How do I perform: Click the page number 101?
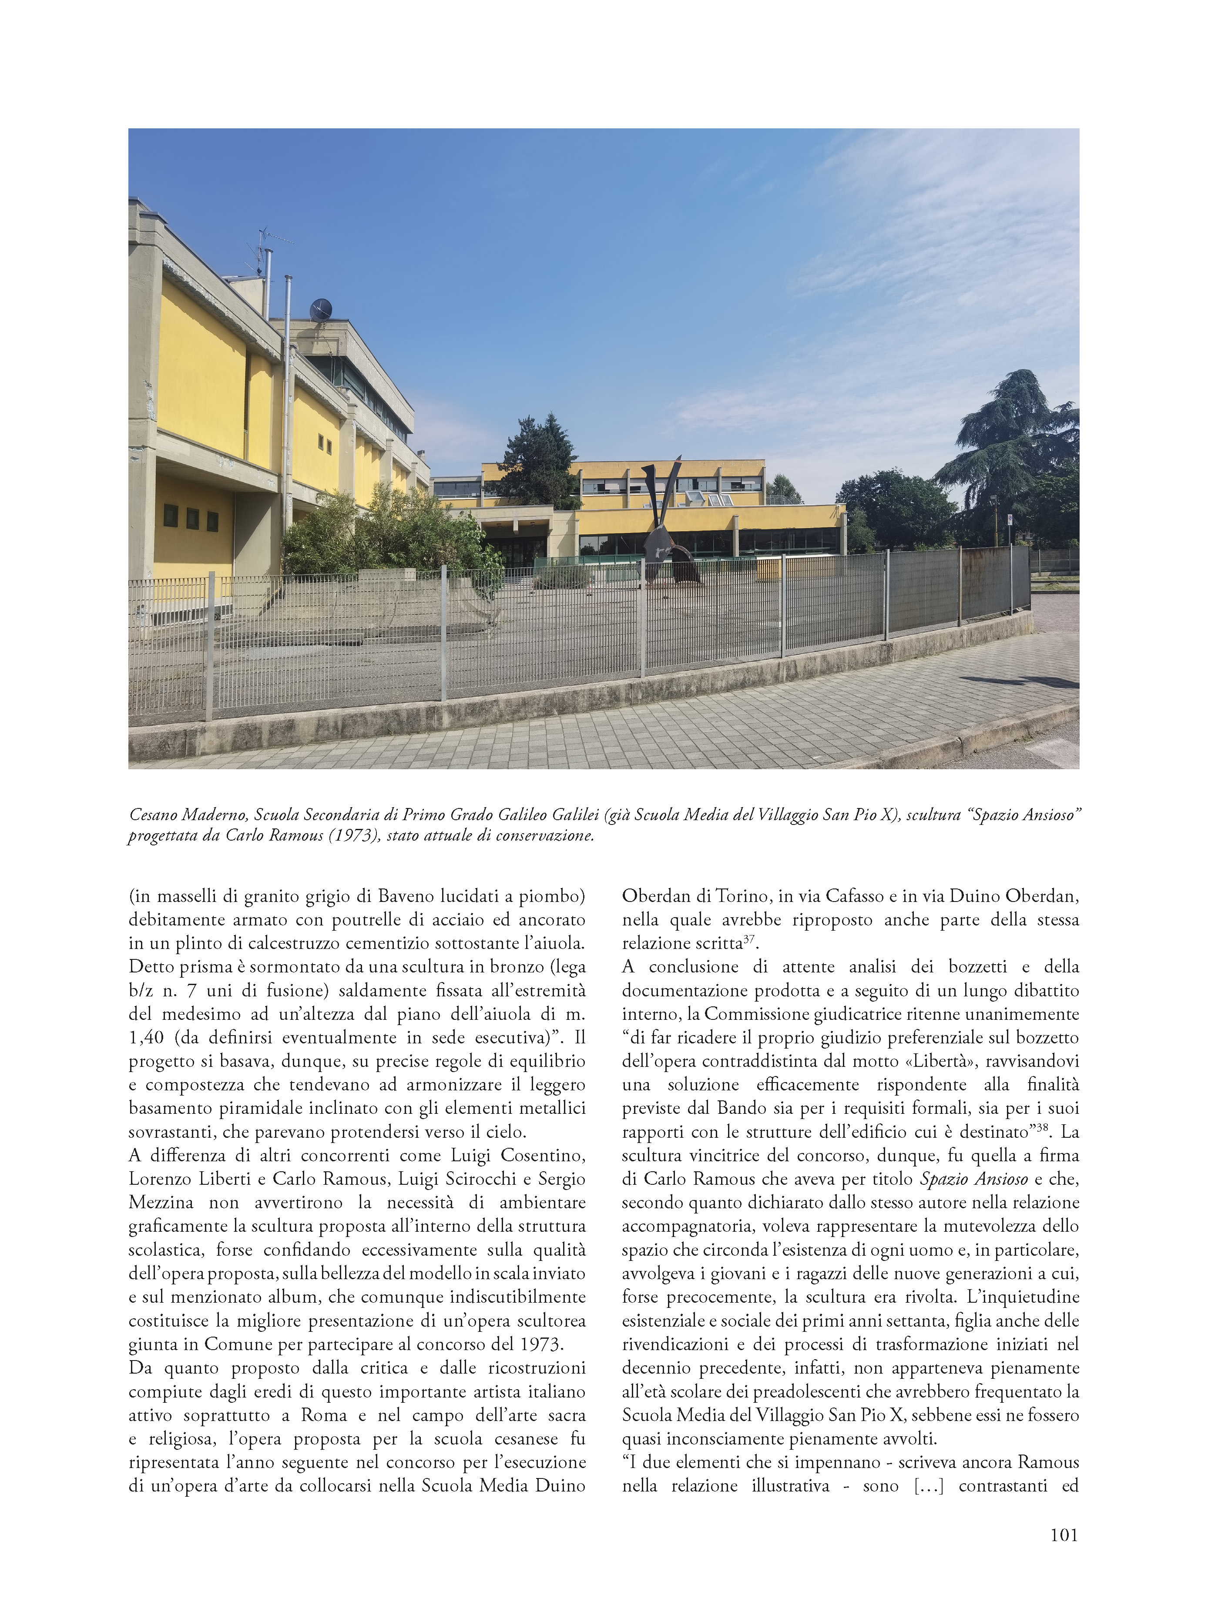pos(1063,1535)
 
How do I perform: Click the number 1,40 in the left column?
pos(146,1038)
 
